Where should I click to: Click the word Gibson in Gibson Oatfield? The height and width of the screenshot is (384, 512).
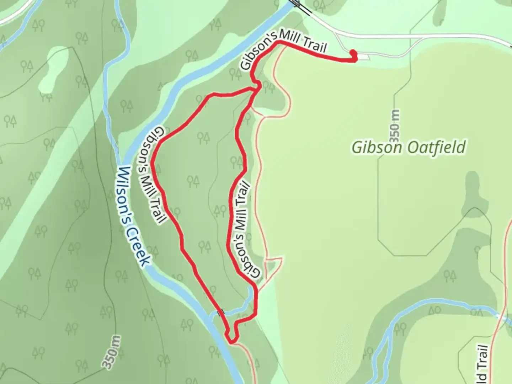pos(377,147)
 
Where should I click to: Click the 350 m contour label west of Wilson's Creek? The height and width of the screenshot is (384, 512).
pos(111,352)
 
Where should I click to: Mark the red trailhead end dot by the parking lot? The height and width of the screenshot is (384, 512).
pos(353,53)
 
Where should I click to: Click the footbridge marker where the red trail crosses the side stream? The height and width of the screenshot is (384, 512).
pos(223,312)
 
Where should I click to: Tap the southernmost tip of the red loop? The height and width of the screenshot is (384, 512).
pos(231,342)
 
